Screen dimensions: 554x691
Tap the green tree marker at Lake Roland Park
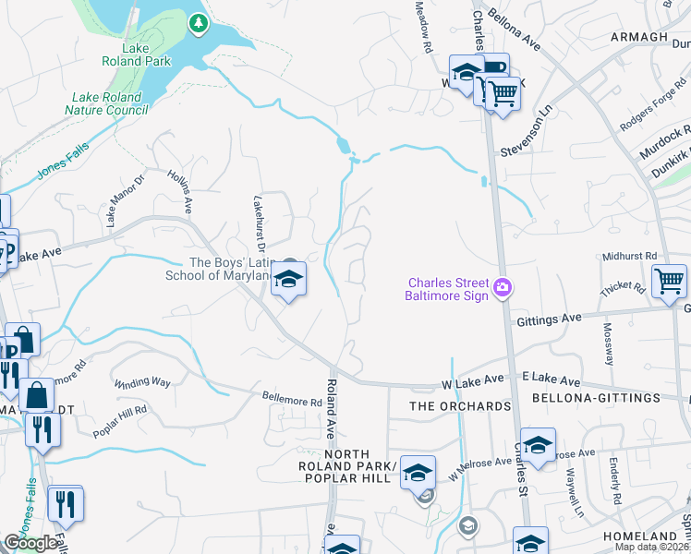pyautogui.click(x=198, y=23)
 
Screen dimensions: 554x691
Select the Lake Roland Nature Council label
pyautogui.click(x=107, y=103)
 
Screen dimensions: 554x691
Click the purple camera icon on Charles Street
pyautogui.click(x=502, y=287)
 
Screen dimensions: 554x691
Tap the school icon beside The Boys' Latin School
pyautogui.click(x=288, y=281)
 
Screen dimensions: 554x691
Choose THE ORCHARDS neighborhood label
pyautogui.click(x=460, y=406)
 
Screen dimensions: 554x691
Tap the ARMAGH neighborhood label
pyautogui.click(x=638, y=36)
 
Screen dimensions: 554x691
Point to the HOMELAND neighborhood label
pyautogui.click(x=640, y=536)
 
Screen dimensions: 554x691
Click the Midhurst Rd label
pyautogui.click(x=629, y=256)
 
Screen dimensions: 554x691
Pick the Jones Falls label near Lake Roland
pyautogui.click(x=60, y=164)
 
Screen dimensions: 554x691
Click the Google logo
pyautogui.click(x=30, y=543)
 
